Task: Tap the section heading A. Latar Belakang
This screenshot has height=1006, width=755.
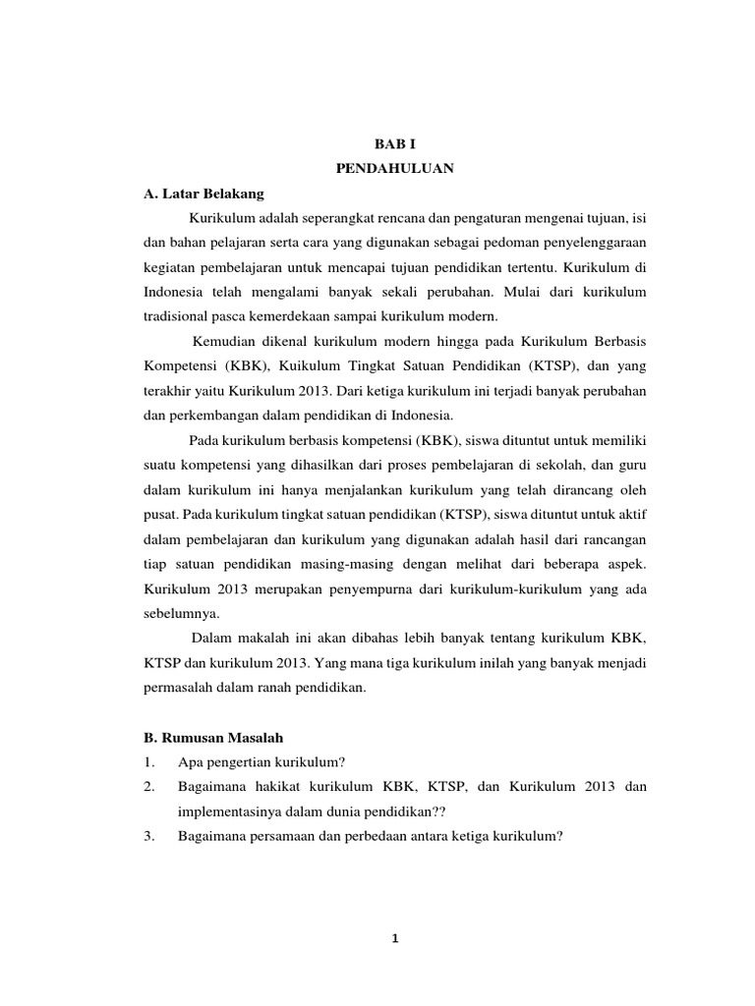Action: pyautogui.click(x=204, y=194)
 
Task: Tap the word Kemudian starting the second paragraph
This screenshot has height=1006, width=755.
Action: pyautogui.click(x=226, y=340)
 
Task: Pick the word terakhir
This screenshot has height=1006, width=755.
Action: pyautogui.click(x=169, y=390)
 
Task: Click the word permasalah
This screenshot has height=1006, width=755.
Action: pyautogui.click(x=182, y=689)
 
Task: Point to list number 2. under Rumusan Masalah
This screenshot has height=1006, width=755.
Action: pyautogui.click(x=149, y=787)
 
